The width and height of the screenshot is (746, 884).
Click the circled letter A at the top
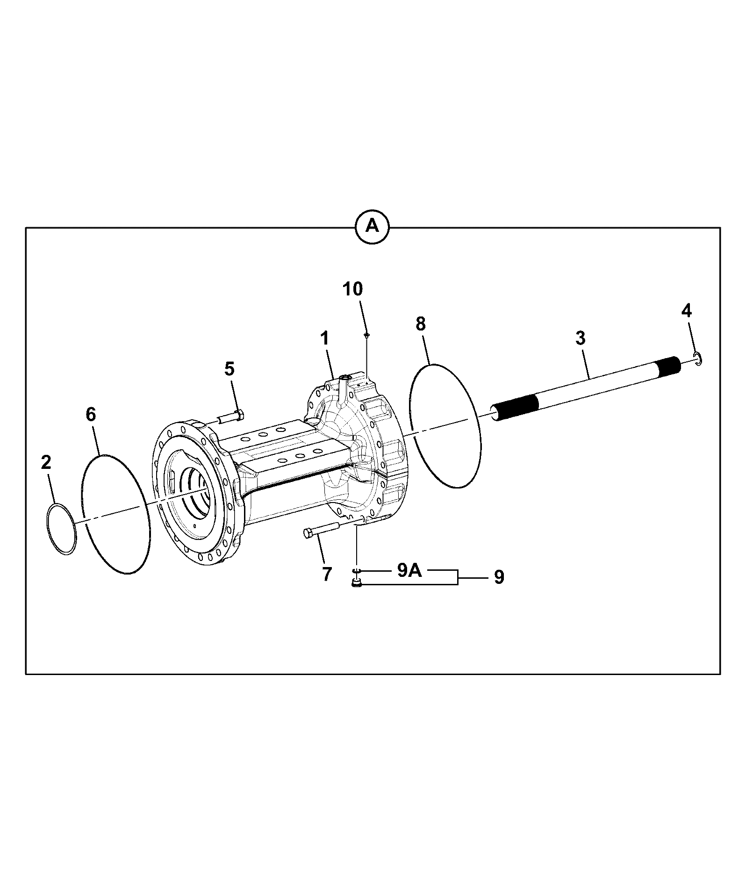point(372,227)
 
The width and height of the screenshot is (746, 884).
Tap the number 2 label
point(46,462)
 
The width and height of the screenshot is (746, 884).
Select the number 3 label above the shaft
point(580,338)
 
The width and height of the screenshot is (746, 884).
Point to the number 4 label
point(686,311)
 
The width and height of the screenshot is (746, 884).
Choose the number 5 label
point(229,369)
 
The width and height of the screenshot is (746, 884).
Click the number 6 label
point(91,414)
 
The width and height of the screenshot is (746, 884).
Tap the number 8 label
point(421,324)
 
